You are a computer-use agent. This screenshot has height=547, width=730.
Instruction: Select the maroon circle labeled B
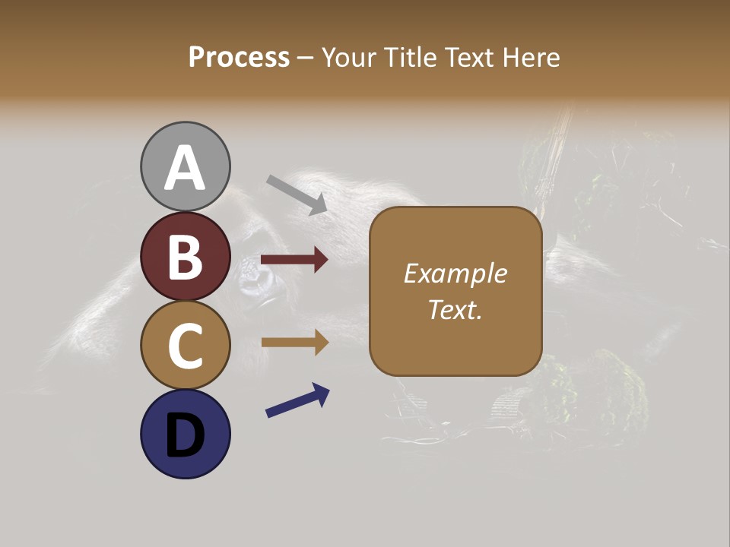[x=185, y=256]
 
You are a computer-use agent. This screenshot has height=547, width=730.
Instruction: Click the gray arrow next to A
[x=297, y=194]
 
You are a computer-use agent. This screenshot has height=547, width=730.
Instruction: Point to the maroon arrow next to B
[x=294, y=260]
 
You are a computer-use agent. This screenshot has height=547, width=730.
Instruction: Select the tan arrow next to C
[x=294, y=343]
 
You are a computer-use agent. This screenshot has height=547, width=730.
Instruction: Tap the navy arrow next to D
[x=297, y=401]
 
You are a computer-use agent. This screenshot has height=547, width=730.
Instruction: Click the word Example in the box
[x=455, y=273]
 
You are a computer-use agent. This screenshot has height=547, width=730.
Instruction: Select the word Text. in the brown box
[x=455, y=309]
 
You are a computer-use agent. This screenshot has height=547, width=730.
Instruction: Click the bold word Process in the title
[x=239, y=57]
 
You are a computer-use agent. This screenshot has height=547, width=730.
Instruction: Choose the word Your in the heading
[x=348, y=57]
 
